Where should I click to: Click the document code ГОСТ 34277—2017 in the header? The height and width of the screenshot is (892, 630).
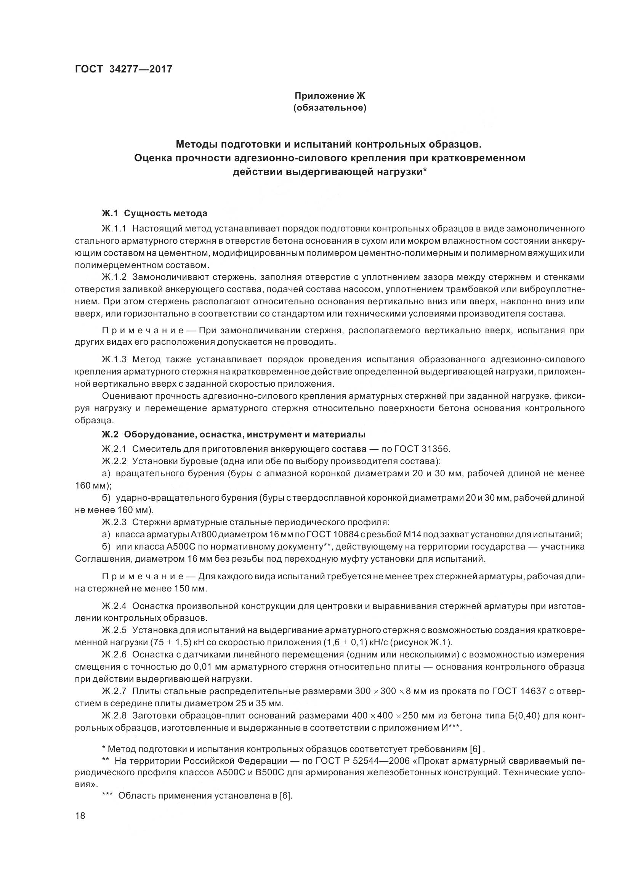click(x=123, y=69)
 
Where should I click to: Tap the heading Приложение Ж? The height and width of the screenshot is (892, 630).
click(x=330, y=96)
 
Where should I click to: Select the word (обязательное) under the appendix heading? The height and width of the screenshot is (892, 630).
click(x=330, y=108)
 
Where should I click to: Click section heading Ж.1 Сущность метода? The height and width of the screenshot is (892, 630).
click(x=154, y=213)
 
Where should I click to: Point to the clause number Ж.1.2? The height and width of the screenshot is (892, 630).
click(x=114, y=277)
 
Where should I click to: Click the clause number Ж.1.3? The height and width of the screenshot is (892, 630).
click(x=114, y=359)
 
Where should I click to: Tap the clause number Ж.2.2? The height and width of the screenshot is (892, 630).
click(x=114, y=461)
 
